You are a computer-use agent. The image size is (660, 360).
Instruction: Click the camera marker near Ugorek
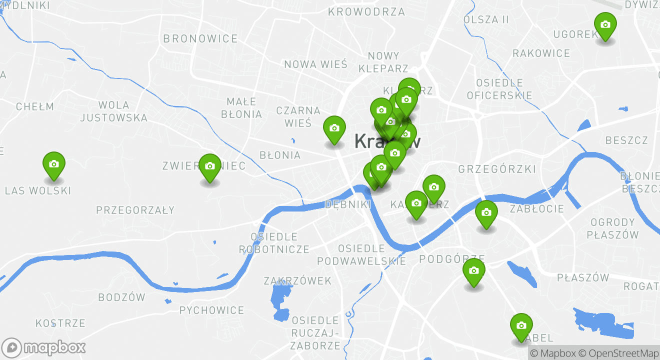coord(605,25)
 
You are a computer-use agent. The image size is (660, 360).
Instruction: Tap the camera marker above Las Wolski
coord(54,164)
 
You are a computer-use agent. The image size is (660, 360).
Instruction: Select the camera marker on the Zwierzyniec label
coord(210,166)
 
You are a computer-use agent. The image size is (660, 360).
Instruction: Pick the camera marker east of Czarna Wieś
coord(334,128)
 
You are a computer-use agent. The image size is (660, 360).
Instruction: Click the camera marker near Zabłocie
coord(486,213)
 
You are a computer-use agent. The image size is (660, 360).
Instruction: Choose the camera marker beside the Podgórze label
coord(473,271)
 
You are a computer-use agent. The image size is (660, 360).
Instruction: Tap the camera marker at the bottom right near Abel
coord(521,326)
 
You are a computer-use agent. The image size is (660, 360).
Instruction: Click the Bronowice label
coord(200,38)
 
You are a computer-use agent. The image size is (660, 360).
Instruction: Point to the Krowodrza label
coord(366,11)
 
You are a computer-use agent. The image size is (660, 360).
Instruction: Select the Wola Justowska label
coord(114,111)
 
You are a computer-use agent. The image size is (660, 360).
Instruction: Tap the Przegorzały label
coord(135,210)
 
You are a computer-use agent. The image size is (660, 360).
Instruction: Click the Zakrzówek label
coord(297,281)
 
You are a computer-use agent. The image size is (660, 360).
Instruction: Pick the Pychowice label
coord(211,310)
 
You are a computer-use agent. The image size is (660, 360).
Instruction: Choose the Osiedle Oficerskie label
coord(499,89)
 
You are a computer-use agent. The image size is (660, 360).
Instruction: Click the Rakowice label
coord(541,53)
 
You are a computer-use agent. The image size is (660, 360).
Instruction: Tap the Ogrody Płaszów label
coord(612,228)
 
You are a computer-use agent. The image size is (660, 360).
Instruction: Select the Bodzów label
coord(121,297)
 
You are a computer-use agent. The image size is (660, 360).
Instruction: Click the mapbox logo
coord(43,347)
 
